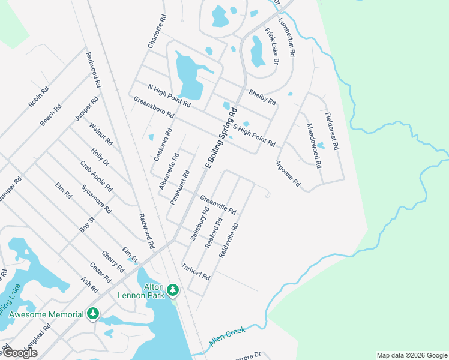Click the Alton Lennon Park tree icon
tap(173, 290)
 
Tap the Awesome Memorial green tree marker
tap(92, 314)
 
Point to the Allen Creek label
tap(228, 338)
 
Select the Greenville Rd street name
tap(218, 205)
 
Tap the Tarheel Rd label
tap(196, 272)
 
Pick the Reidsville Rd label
tap(229, 241)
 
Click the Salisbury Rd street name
tap(199, 224)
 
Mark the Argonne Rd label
tap(288, 173)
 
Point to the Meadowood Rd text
tap(315, 145)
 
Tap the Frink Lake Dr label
tap(272, 45)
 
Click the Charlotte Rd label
tap(156, 32)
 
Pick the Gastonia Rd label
tap(163, 145)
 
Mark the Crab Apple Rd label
tap(96, 176)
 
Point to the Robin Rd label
tap(38, 97)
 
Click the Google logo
tap(20, 353)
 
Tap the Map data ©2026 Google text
tap(411, 355)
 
